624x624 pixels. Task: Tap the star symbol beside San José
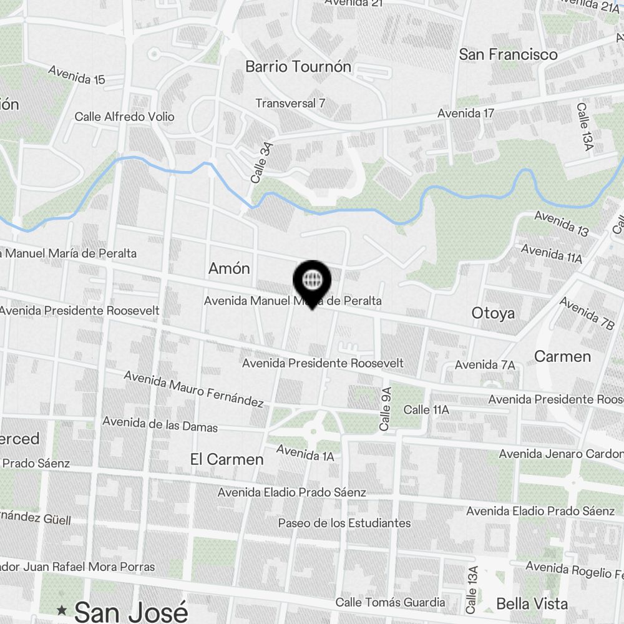[62, 610]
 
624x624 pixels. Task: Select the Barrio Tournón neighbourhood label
[298, 67]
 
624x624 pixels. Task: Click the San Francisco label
[508, 54]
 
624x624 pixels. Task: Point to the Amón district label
[229, 268]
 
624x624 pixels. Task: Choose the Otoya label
[493, 313]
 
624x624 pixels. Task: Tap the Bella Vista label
[532, 603]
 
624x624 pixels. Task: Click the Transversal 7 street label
[290, 103]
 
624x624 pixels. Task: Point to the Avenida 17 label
[466, 114]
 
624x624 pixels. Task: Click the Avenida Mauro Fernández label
[193, 389]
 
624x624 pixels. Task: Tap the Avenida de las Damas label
[160, 424]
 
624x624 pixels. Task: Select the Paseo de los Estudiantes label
[344, 523]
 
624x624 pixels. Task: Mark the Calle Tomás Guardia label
[390, 602]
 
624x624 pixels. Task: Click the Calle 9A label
[386, 409]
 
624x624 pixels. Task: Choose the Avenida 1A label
[305, 452]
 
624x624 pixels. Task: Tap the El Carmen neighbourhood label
[227, 459]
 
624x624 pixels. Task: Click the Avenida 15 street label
[76, 75]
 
